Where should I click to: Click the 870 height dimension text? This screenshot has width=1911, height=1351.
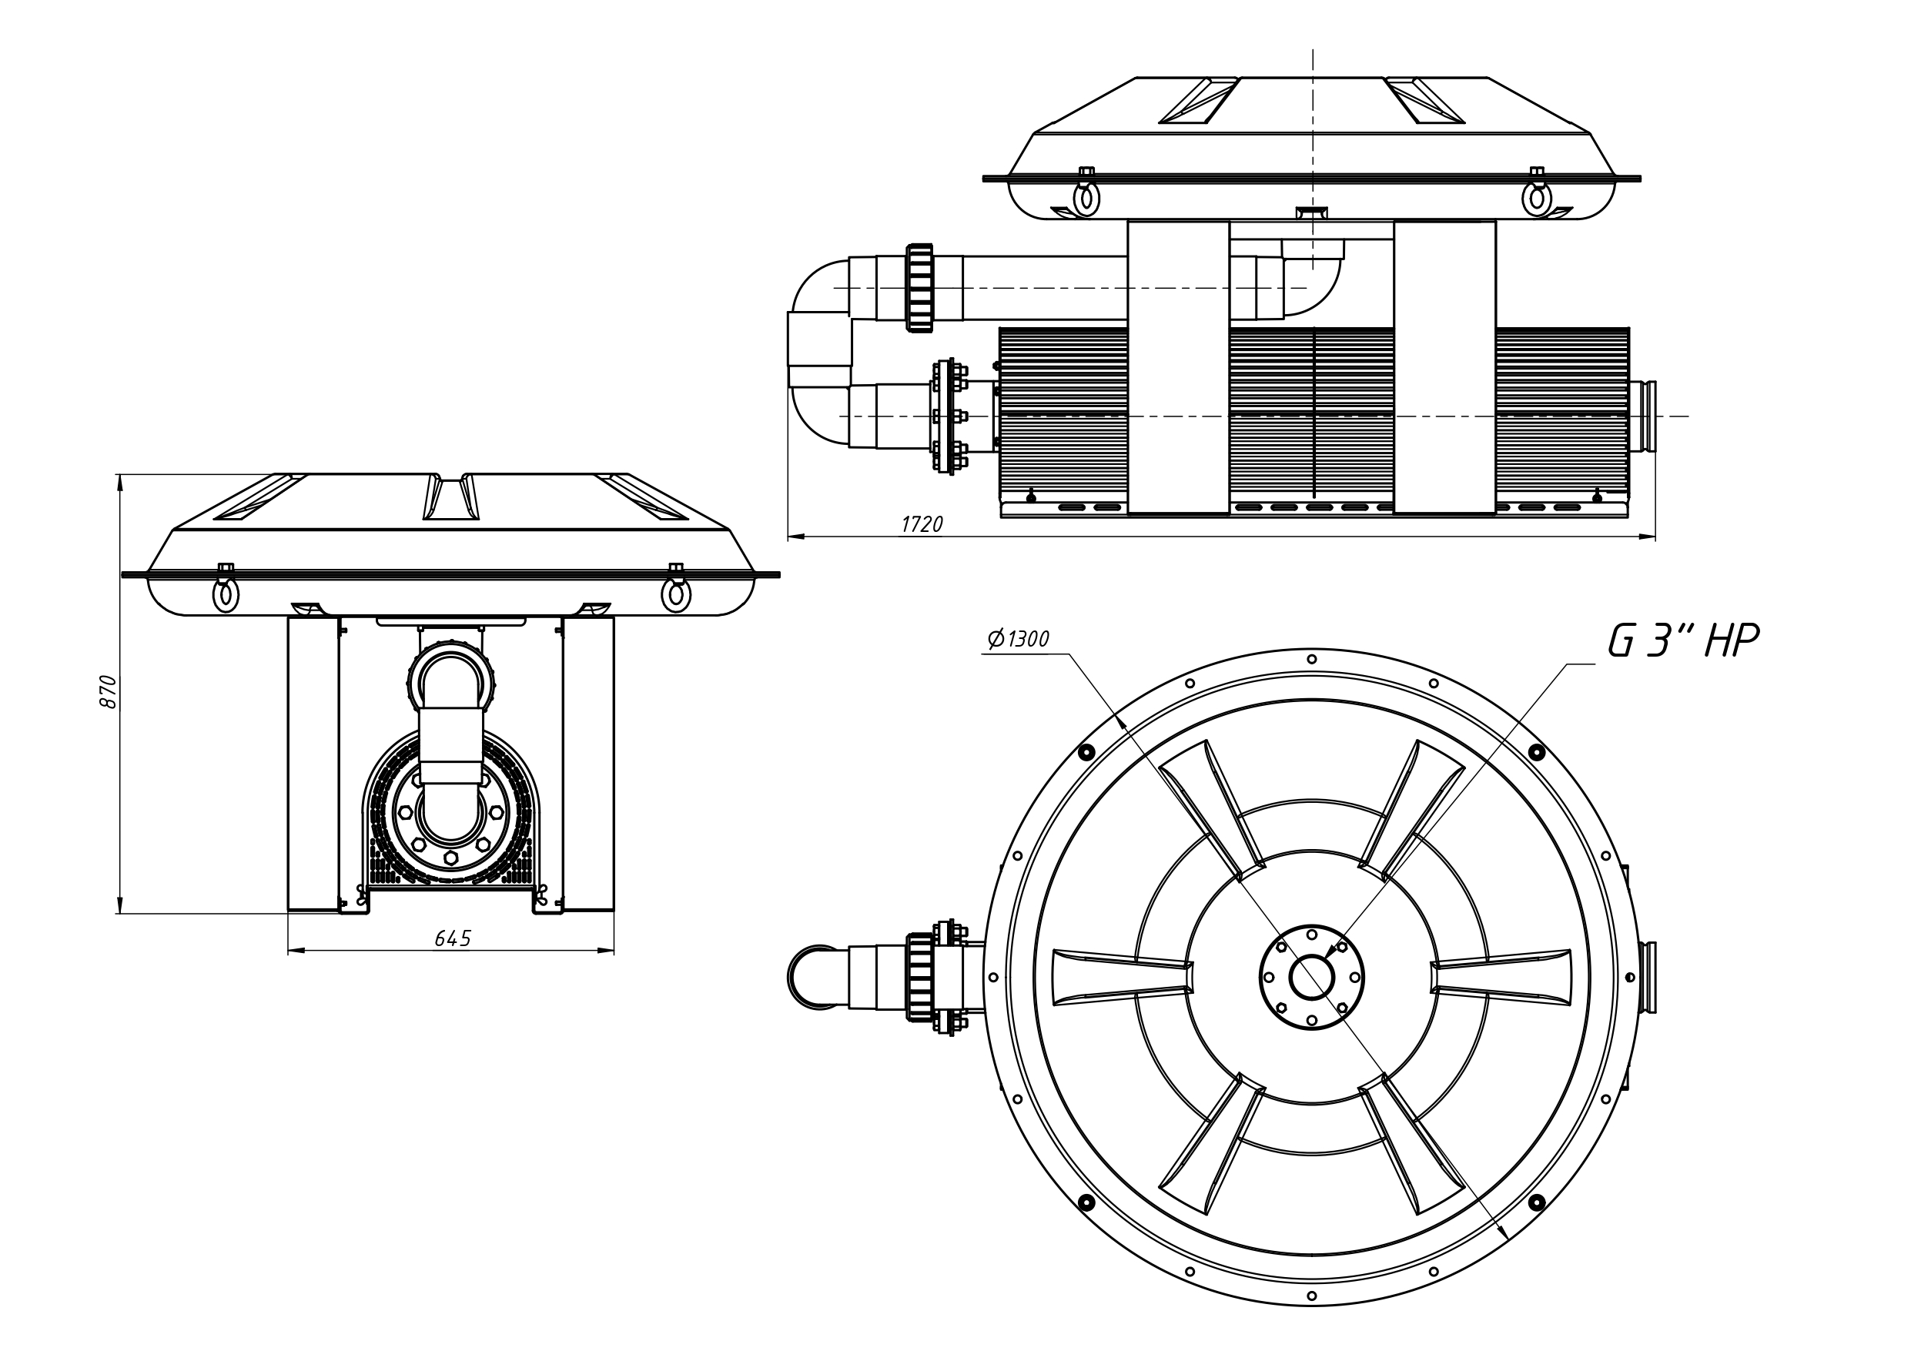tap(109, 692)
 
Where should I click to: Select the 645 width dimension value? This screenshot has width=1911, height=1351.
tap(453, 939)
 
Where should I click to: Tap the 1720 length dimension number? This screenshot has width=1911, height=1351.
tap(922, 524)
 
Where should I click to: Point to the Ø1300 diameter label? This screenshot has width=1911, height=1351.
tap(1018, 639)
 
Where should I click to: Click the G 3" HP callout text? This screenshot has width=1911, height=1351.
tap(1682, 641)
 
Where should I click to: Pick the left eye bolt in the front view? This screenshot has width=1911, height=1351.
tap(225, 592)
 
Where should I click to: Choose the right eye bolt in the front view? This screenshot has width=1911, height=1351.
tap(676, 592)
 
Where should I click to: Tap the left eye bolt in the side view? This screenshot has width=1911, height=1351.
tap(1086, 196)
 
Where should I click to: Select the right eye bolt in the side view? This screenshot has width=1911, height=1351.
tap(1537, 196)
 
